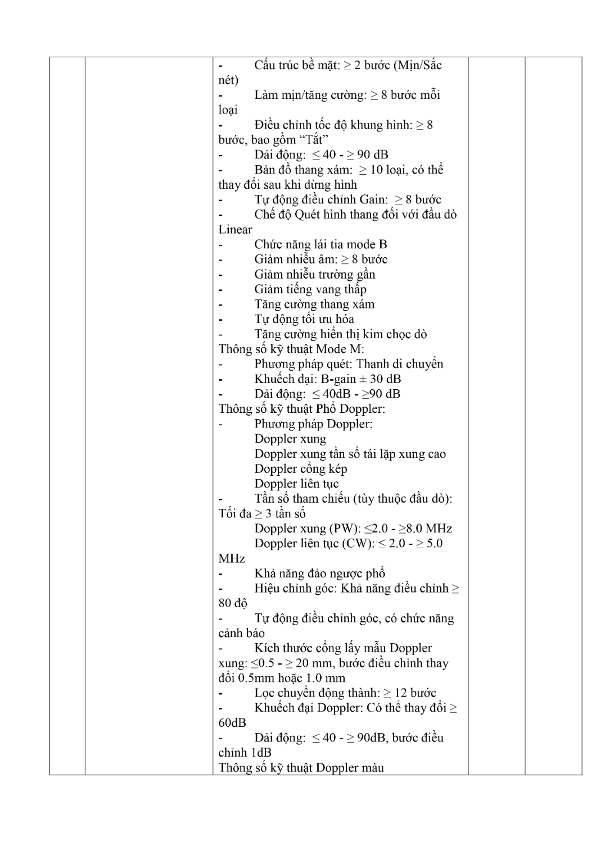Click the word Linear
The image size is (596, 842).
click(x=235, y=229)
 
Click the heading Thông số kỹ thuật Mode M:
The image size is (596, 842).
click(x=291, y=349)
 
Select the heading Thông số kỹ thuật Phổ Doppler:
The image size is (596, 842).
click(x=301, y=409)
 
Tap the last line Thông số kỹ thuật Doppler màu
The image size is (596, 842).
click(x=301, y=767)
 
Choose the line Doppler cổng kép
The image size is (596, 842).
click(x=300, y=468)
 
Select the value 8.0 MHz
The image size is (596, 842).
click(x=433, y=529)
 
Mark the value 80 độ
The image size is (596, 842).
click(x=233, y=603)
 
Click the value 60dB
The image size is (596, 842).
click(x=232, y=722)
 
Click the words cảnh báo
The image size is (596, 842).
click(x=241, y=633)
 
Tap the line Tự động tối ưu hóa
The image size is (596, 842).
click(x=304, y=319)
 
